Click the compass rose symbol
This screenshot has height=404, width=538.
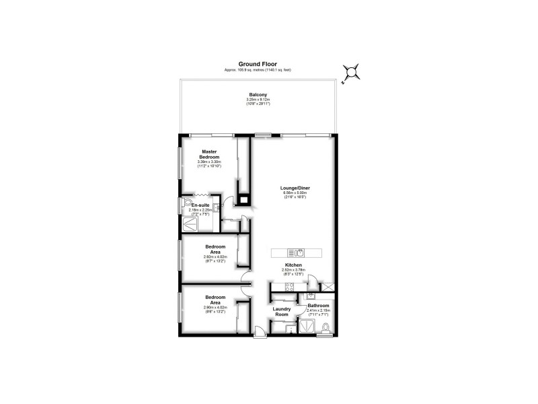pos(351,72)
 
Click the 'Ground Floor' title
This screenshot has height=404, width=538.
pos(258,65)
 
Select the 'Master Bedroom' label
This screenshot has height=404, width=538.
pos(209,154)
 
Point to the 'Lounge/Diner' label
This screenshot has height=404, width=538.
pos(296,188)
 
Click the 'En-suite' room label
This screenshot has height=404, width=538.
pos(200,205)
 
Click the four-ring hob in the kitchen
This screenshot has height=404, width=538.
pos(289,288)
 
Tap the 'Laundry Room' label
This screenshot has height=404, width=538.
pos(281,312)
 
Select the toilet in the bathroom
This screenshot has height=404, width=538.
pos(325,328)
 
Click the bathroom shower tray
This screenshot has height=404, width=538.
pos(307,326)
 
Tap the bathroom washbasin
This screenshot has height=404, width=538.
pos(311,296)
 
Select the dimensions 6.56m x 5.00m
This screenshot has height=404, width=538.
pos(296,193)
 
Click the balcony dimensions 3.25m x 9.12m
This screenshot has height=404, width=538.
pos(258,100)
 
